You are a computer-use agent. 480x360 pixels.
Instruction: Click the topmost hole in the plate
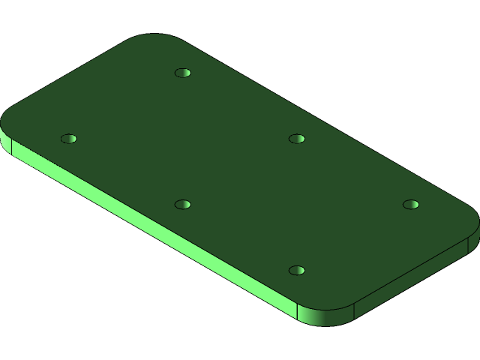182,73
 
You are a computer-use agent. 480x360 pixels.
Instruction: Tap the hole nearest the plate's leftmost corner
69,139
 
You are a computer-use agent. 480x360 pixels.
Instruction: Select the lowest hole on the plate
297,270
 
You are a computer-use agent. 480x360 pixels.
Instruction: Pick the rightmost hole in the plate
410,204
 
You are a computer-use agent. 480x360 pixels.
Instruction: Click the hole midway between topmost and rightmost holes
297,139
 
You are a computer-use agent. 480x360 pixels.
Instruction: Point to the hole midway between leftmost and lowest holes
182,204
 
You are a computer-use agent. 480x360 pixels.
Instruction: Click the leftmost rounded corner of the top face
10,120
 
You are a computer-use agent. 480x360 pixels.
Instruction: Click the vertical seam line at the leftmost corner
11,146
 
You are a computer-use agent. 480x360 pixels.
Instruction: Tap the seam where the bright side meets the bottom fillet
298,313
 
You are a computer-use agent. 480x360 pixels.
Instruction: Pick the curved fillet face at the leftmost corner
5,139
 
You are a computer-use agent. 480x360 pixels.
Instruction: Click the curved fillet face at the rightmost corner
474,238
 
